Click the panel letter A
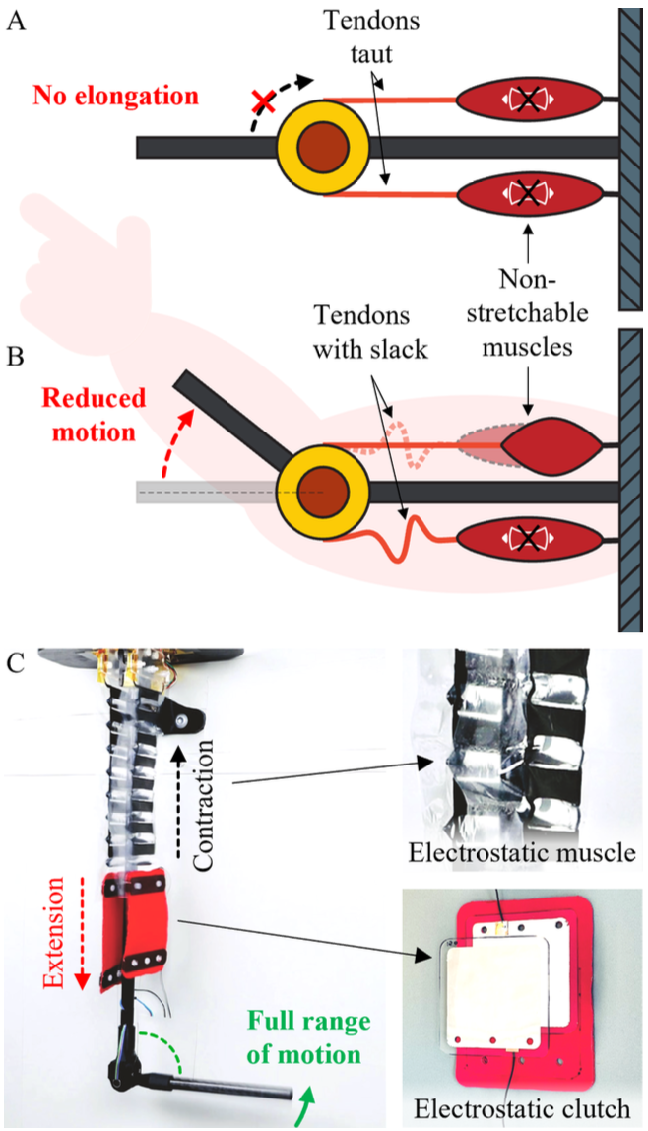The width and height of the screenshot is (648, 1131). click(x=17, y=21)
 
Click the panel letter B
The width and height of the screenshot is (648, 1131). click(x=17, y=354)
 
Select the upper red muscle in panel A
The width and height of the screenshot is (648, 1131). click(x=531, y=100)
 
